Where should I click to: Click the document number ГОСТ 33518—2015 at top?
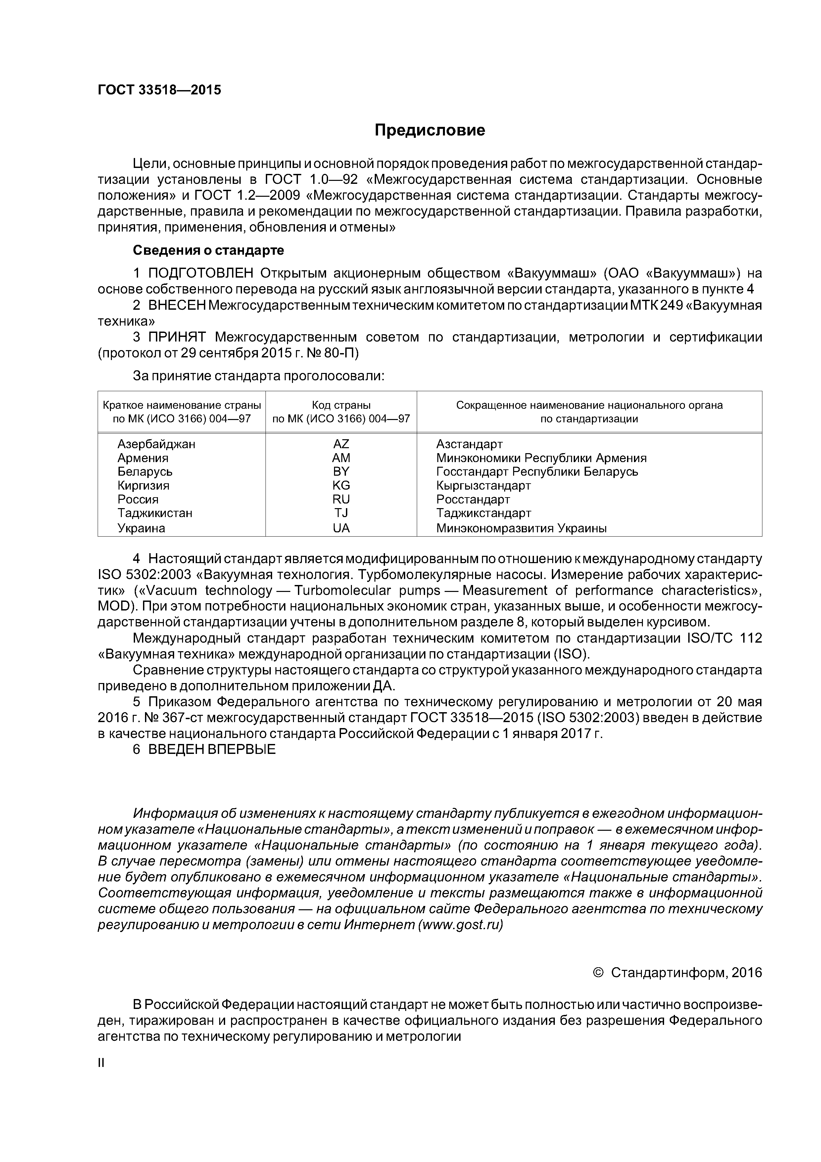click(159, 90)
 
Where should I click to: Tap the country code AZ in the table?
click(341, 444)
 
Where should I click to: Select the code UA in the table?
click(341, 528)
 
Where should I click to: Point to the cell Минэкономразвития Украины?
click(521, 528)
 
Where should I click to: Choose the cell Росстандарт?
click(473, 500)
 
